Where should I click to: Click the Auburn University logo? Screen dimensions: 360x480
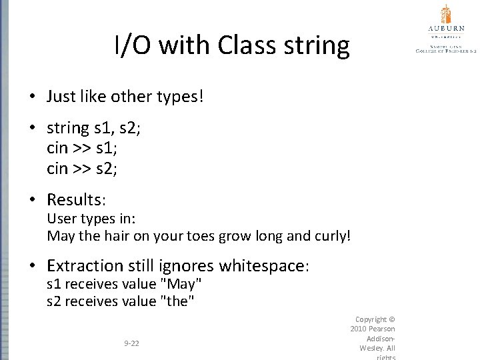[445, 28]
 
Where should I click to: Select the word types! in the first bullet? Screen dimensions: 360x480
[177, 97]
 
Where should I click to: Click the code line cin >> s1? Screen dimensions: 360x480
[82, 148]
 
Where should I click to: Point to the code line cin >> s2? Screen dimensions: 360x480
[82, 168]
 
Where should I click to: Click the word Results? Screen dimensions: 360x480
[77, 199]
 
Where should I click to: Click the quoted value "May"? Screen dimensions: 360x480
[181, 285]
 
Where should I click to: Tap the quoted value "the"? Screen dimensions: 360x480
[178, 301]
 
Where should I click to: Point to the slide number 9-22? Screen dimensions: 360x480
[132, 343]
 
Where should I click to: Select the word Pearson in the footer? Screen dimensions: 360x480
[382, 329]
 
